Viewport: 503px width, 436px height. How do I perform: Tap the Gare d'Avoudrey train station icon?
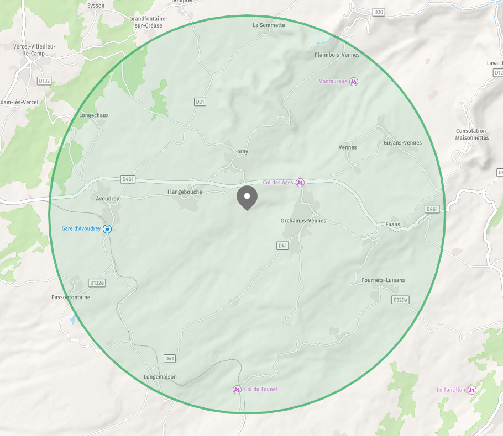(107, 228)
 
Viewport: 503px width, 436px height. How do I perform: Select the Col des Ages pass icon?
(300, 182)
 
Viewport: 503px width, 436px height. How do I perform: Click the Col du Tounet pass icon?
(237, 390)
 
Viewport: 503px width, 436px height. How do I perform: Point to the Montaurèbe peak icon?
(354, 82)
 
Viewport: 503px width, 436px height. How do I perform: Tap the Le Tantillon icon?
(471, 390)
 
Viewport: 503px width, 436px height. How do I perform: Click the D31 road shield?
(200, 102)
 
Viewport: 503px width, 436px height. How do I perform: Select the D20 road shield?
(378, 12)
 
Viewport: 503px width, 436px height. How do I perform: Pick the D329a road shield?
(401, 300)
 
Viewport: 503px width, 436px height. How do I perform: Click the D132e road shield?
(97, 283)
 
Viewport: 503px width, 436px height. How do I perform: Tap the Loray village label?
(241, 151)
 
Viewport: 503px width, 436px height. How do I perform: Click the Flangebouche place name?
(185, 192)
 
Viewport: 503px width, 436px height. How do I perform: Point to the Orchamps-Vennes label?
(303, 221)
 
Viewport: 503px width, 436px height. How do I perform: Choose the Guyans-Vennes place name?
(402, 143)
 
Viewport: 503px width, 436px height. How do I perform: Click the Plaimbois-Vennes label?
(337, 55)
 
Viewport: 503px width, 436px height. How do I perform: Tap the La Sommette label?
(269, 25)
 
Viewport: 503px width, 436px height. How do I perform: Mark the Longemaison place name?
(156, 377)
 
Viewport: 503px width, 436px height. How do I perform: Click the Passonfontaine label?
(70, 297)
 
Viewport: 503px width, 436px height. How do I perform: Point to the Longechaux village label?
(94, 115)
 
